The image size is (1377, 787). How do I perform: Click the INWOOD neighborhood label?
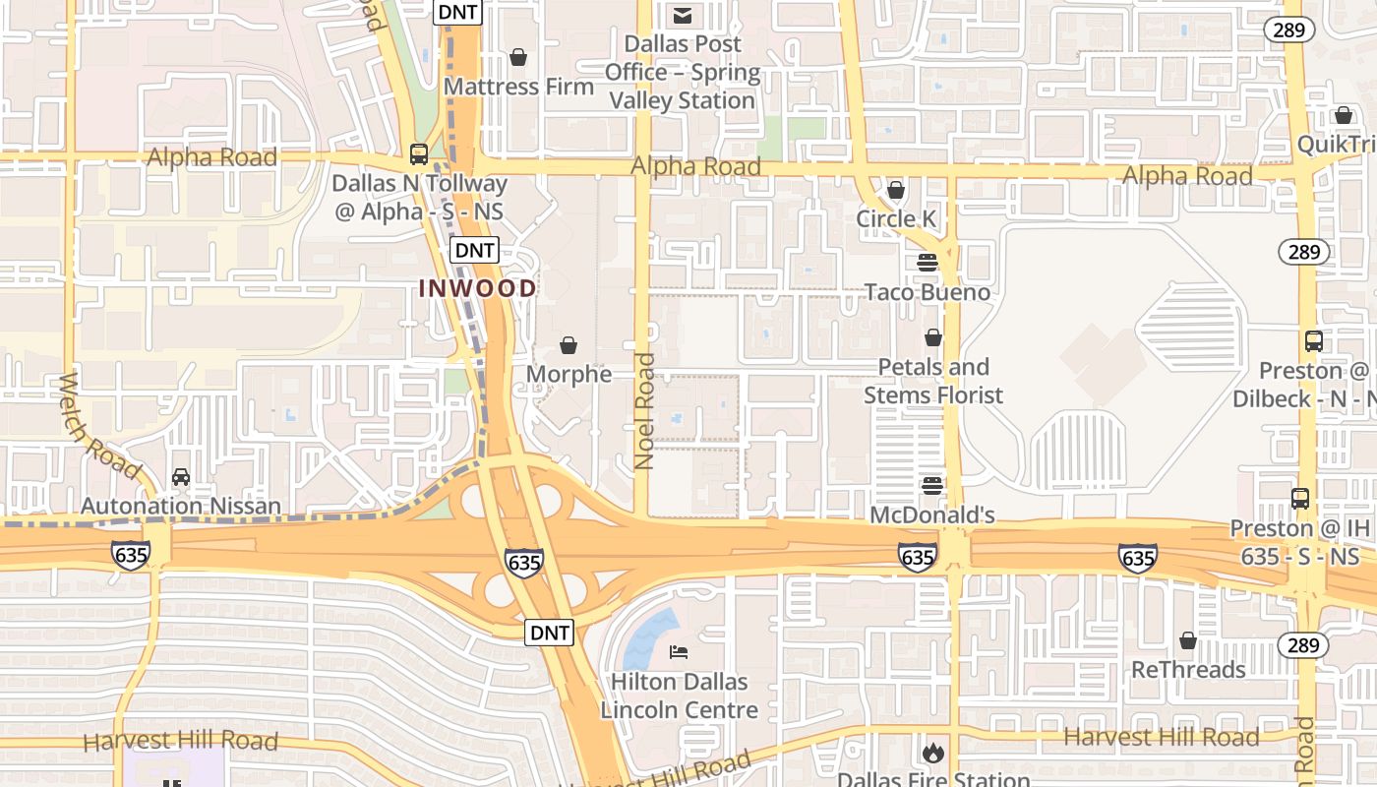click(478, 288)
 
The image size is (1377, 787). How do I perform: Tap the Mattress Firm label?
click(518, 87)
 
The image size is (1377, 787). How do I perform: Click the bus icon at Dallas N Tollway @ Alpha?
click(419, 154)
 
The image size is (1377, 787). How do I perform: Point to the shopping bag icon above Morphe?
click(569, 345)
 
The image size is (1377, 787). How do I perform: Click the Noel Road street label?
click(644, 410)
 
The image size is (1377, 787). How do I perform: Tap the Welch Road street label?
click(99, 424)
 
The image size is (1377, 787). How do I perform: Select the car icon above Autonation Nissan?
click(181, 477)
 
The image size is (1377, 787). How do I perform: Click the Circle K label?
click(896, 218)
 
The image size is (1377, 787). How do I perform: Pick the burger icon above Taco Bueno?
click(928, 263)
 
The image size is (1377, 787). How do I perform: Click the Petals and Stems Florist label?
click(933, 381)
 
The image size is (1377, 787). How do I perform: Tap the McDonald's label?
click(932, 515)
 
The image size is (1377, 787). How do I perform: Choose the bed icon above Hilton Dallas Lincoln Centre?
click(679, 651)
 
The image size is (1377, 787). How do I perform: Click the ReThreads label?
click(1188, 670)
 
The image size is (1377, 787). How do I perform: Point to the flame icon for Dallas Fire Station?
click(932, 754)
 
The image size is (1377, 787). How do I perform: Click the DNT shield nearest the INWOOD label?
click(474, 250)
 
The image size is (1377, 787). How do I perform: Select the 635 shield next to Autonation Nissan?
click(131, 555)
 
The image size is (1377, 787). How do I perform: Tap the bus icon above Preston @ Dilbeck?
click(1314, 341)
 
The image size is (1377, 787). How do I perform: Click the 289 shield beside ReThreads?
click(1302, 645)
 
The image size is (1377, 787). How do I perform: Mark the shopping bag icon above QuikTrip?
click(1344, 116)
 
